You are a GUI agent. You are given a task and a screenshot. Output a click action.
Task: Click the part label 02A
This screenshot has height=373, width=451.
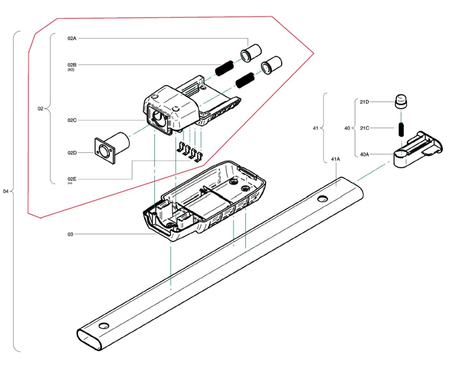(x=72, y=38)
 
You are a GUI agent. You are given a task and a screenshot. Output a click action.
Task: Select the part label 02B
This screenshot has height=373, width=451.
(x=72, y=65)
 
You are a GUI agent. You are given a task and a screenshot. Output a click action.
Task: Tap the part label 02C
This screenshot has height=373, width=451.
(x=72, y=120)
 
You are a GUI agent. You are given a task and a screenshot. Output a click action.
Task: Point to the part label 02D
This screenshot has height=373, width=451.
(x=72, y=153)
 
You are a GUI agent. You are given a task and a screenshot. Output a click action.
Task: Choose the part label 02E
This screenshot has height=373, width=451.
(x=72, y=179)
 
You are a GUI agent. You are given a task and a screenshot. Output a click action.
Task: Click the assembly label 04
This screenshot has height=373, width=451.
(x=6, y=191)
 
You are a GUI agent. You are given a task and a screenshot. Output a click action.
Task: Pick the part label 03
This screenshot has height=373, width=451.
(x=70, y=234)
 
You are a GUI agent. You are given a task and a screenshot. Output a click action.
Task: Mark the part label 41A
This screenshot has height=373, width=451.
(x=335, y=159)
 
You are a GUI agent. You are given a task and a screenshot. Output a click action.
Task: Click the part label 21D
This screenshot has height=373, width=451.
(x=364, y=102)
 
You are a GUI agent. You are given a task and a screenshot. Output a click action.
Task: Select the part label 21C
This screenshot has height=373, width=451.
(x=364, y=128)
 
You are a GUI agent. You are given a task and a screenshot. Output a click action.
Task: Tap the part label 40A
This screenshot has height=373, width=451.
(x=364, y=154)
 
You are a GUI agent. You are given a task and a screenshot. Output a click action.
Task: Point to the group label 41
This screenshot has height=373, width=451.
(x=316, y=128)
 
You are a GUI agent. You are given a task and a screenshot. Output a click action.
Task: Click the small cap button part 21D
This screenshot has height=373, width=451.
(x=401, y=101)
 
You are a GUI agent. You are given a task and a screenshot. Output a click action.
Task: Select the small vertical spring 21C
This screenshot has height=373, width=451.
(x=401, y=129)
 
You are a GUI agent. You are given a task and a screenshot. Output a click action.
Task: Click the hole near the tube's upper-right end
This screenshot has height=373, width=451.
(x=322, y=198)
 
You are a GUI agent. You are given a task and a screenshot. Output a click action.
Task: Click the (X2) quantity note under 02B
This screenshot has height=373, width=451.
(x=71, y=70)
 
